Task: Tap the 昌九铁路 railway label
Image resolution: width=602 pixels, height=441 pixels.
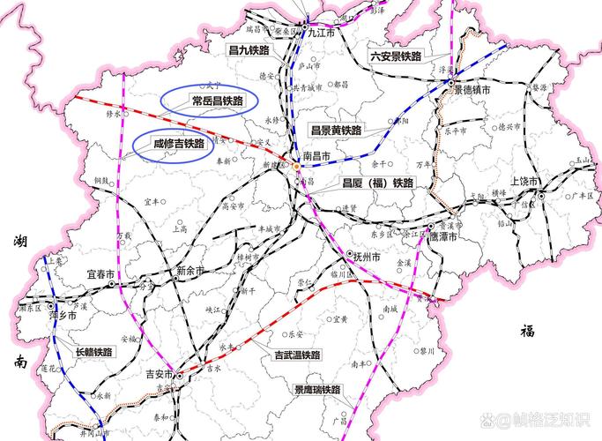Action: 247,50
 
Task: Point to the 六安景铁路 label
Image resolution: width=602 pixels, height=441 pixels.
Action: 395,56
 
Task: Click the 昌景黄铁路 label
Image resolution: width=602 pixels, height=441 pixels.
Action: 336,130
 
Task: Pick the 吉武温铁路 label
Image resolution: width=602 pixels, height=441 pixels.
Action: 297,354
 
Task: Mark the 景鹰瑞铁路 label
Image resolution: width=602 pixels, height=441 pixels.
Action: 318,389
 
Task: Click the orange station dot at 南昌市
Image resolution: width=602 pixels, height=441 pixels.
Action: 296,166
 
